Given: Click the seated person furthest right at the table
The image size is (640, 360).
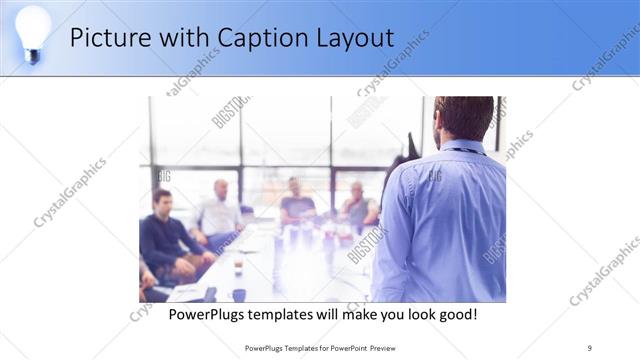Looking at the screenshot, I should [x=357, y=205].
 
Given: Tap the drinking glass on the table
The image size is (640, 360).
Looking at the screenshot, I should [x=238, y=267].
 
